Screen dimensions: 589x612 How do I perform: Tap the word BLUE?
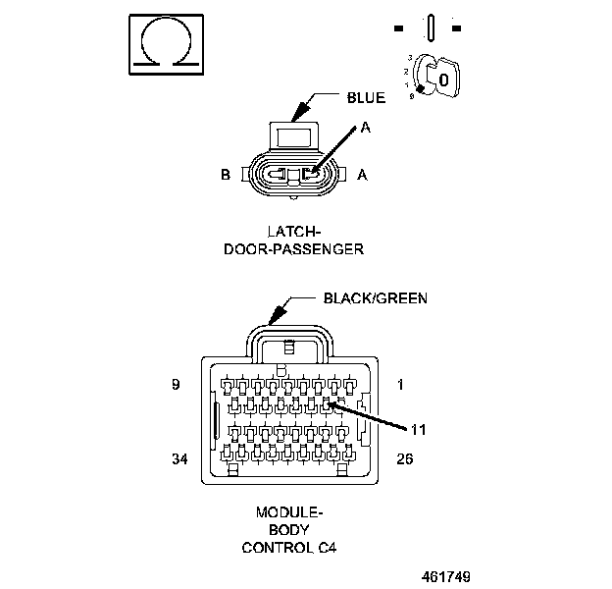[x=366, y=98]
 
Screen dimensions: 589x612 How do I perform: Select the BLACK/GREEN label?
[x=376, y=297]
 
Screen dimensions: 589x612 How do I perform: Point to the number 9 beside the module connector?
[x=175, y=386]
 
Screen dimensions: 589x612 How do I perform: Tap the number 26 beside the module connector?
[x=404, y=457]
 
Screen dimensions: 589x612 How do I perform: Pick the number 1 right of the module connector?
[x=400, y=386]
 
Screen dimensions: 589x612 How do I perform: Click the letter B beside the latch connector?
[x=225, y=176]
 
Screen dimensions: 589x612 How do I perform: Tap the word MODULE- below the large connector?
[x=289, y=512]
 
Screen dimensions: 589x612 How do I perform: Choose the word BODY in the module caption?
[x=289, y=530]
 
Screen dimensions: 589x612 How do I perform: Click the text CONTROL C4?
[x=289, y=548]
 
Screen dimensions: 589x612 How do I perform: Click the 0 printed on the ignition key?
[x=442, y=79]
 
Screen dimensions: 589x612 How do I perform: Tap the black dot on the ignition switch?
[x=419, y=88]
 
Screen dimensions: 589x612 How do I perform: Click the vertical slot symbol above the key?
[x=430, y=25]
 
